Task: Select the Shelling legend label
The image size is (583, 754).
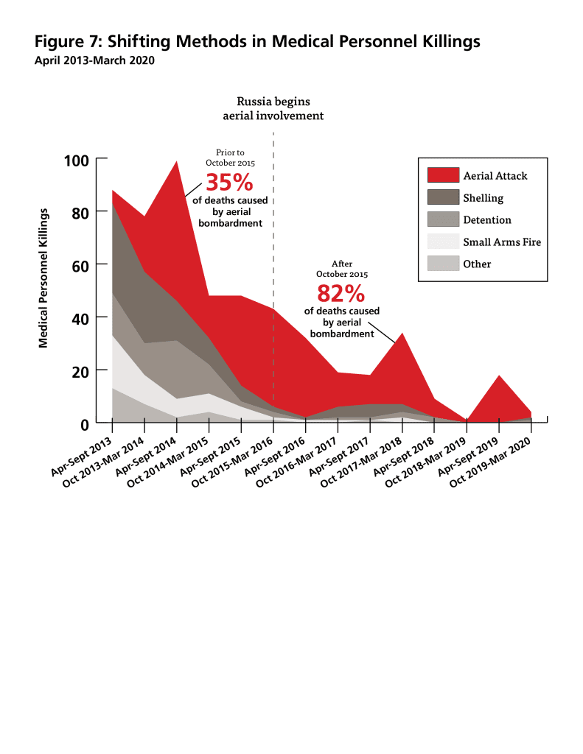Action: pyautogui.click(x=483, y=197)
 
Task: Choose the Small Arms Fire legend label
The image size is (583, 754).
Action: pyautogui.click(x=502, y=242)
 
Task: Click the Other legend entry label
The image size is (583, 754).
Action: pyautogui.click(x=477, y=264)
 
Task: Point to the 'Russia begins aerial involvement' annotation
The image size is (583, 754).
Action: pyautogui.click(x=273, y=108)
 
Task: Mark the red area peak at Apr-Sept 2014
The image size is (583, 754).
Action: pyautogui.click(x=177, y=163)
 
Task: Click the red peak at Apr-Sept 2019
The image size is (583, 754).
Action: pyautogui.click(x=499, y=376)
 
